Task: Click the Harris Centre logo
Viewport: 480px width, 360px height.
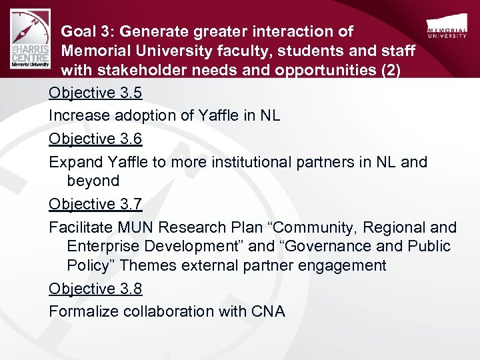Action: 31,42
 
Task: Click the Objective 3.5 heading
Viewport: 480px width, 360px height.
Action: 95,93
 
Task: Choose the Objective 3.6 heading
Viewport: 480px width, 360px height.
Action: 95,139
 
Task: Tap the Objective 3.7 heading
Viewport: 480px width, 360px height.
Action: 95,204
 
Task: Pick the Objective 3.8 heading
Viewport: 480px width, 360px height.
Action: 95,289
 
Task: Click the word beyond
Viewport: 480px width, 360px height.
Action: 93,181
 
